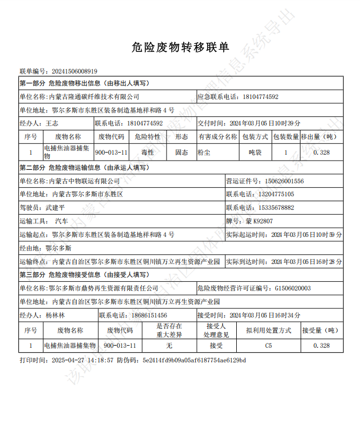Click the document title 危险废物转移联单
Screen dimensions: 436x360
[x=180, y=48]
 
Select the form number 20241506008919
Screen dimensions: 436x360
[x=74, y=71]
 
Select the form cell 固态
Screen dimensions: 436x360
[x=182, y=153]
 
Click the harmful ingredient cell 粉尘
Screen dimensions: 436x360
[x=204, y=153]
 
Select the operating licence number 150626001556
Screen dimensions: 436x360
[x=284, y=181]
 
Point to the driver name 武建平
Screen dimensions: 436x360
[x=55, y=207]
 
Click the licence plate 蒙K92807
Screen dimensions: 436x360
[x=259, y=221]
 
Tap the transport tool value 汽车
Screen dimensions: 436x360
[x=62, y=221]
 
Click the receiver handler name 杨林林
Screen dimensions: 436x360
[x=55, y=315]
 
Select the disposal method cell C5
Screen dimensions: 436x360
[x=269, y=345]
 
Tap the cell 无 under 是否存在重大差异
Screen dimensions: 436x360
[x=169, y=345]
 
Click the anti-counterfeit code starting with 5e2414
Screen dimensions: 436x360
[x=194, y=360]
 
